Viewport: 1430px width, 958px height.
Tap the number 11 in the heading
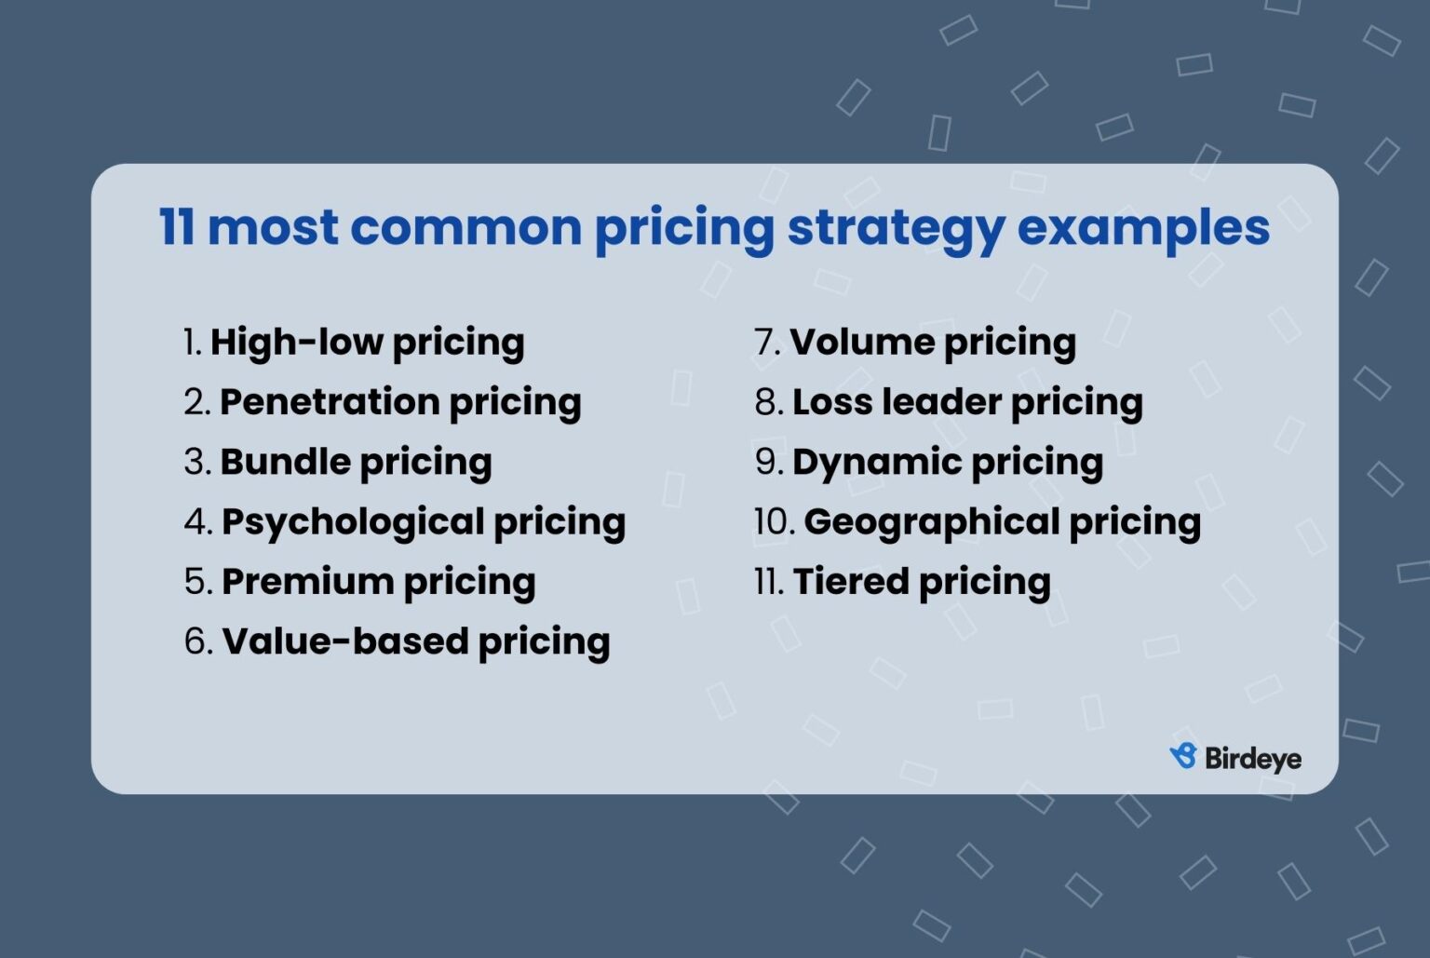(176, 226)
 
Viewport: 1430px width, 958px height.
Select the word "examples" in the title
(1143, 226)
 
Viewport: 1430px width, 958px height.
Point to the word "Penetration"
(329, 402)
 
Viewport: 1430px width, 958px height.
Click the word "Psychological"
(352, 522)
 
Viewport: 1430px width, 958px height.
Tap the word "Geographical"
(931, 522)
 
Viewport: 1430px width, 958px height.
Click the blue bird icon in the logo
(1183, 756)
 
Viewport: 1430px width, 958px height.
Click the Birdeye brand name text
(1253, 759)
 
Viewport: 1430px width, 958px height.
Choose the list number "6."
(198, 641)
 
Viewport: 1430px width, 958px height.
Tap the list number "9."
(769, 462)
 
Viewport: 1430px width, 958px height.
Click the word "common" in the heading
(465, 226)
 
